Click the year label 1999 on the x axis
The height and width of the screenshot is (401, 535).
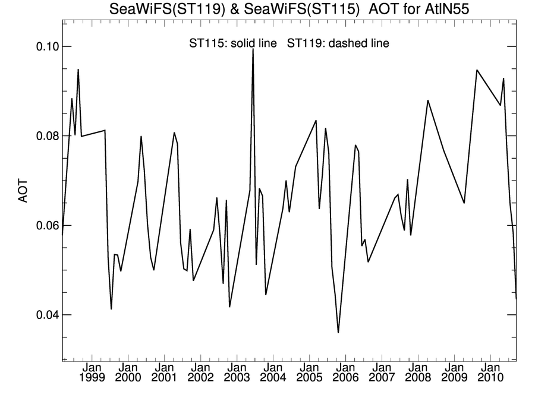[92, 378]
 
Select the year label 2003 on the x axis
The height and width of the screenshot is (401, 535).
[237, 378]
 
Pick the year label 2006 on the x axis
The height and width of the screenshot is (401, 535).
[346, 378]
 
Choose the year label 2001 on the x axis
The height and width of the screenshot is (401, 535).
[164, 378]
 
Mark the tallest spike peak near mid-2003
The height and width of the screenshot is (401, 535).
[253, 49]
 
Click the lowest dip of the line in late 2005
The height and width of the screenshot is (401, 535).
[338, 333]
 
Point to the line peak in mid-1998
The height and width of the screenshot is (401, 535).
[78, 70]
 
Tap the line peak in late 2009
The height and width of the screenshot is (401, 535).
[477, 70]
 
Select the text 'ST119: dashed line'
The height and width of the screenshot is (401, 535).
[338, 43]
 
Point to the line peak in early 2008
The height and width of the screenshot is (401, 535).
[428, 100]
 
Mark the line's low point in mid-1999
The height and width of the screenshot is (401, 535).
[111, 309]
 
